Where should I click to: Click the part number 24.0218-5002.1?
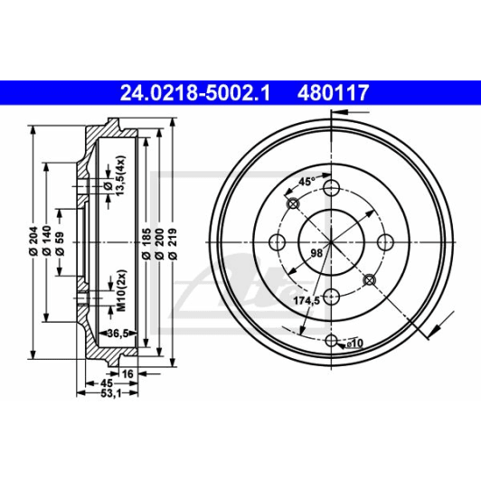[195, 93]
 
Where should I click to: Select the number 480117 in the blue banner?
[333, 93]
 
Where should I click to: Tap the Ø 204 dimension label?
[33, 241]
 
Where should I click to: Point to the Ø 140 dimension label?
[47, 241]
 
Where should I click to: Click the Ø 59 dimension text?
[60, 244]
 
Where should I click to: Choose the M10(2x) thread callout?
[122, 290]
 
